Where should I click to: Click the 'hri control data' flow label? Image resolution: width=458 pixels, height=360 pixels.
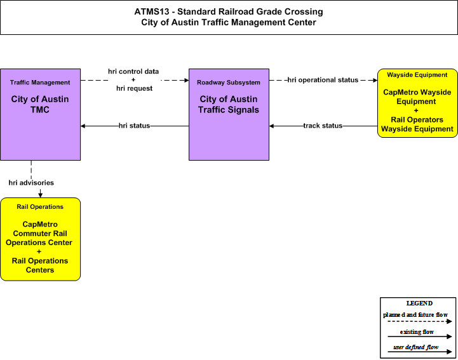point(133,72)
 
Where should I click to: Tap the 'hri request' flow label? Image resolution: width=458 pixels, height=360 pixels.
point(135,88)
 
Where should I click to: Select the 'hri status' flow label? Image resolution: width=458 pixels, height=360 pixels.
point(135,126)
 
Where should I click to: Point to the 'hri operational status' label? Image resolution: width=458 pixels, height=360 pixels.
point(323,80)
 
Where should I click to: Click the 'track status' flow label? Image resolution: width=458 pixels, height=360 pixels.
point(323,126)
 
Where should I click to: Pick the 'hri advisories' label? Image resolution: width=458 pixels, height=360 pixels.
point(31,183)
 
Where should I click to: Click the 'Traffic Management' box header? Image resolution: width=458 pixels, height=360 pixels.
point(40,83)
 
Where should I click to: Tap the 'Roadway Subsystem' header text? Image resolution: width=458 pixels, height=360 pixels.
point(229,83)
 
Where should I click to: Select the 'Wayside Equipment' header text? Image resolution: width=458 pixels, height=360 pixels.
point(417,75)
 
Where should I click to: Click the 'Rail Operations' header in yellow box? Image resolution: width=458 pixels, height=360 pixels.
point(40,207)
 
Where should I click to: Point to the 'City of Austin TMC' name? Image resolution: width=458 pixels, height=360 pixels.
point(40,105)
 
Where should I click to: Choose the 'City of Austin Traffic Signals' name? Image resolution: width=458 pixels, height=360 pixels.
point(229,105)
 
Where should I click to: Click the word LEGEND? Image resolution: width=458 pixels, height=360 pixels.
point(419,303)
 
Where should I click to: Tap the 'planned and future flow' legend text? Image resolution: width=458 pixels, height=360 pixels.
point(415,315)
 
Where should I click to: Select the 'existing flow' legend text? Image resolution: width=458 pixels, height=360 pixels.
point(417,332)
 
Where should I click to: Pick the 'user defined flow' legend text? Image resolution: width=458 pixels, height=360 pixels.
point(415,347)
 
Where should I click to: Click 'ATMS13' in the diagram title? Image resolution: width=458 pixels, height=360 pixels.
point(152,11)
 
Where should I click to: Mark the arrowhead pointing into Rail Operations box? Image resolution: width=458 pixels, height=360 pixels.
point(40,195)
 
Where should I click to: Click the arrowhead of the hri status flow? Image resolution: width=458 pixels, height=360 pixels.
point(83,126)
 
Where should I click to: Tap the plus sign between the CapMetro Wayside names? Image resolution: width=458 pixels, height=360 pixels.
point(416,110)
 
